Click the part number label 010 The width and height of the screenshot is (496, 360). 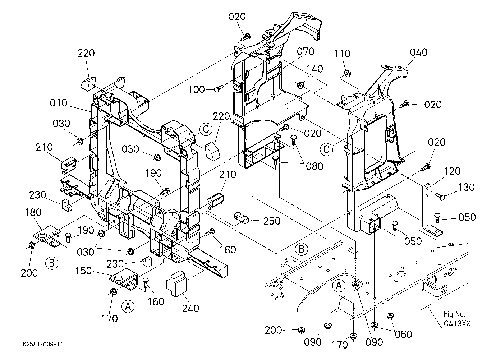pos(59,103)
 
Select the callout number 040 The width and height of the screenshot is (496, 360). pos(418,52)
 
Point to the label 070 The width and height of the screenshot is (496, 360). pos(306,52)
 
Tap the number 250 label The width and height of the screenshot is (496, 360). pos(272,221)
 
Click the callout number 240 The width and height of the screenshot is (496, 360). pos(190,309)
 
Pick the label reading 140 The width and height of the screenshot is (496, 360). pos(314,69)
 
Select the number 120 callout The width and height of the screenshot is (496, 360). pos(452,171)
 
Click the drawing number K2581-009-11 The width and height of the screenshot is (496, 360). pos(43,344)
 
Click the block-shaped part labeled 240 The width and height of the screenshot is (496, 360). pos(176,283)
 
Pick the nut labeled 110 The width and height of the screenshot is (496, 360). pos(347,73)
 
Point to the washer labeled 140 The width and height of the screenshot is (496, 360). pos(300,85)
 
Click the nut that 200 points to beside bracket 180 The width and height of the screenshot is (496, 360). pos(31,245)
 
